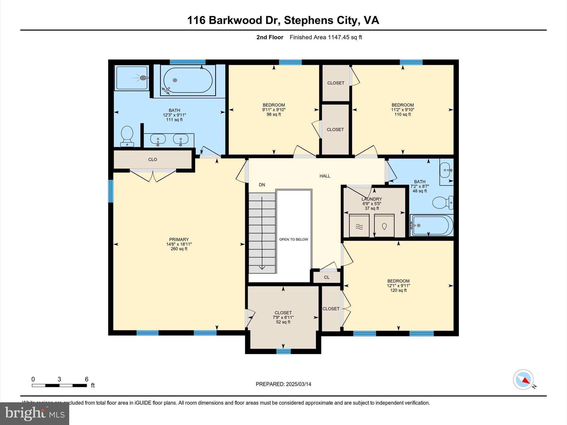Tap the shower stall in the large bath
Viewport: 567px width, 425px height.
point(132,78)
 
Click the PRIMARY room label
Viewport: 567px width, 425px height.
point(179,240)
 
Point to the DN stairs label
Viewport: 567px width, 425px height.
point(262,185)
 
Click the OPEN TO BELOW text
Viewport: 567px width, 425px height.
point(293,239)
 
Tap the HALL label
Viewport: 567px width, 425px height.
point(325,176)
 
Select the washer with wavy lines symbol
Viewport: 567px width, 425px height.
point(359,226)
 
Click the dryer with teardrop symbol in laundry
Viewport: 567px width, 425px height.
point(384,226)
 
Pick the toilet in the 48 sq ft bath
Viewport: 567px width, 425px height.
point(442,203)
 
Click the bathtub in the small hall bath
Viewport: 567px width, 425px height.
point(431,225)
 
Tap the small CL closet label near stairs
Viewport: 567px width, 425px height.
point(327,277)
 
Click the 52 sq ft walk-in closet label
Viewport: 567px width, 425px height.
point(283,317)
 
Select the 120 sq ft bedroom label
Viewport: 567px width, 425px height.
point(398,286)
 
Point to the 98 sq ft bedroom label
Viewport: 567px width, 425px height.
point(274,110)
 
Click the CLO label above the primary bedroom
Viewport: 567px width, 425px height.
point(153,160)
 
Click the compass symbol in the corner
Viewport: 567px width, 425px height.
point(523,380)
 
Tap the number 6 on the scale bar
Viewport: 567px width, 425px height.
point(86,379)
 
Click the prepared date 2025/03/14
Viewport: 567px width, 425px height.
point(298,384)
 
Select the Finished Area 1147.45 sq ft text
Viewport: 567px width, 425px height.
point(326,37)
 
